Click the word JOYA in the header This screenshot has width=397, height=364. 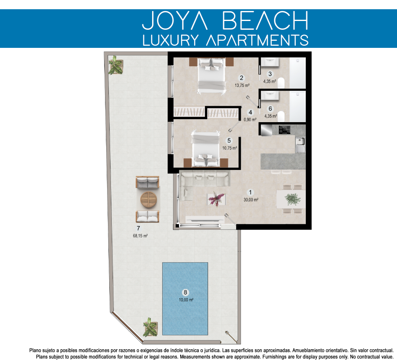tap(175, 21)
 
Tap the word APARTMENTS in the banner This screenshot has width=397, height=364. tap(257, 40)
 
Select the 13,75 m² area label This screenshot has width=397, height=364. tap(242, 86)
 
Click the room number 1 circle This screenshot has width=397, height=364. tap(250, 192)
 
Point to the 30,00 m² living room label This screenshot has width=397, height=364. tap(251, 200)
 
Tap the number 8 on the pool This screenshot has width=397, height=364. tap(185, 292)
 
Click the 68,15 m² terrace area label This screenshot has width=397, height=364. tap(140, 236)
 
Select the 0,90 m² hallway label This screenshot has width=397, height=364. tap(250, 120)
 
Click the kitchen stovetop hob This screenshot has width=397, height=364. tap(284, 130)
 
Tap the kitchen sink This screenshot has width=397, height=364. tap(300, 145)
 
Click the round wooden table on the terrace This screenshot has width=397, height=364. tap(149, 199)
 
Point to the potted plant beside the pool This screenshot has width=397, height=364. tap(150, 327)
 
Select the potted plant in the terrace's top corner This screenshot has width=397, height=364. tap(116, 65)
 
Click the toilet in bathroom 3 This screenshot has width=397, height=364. tap(281, 83)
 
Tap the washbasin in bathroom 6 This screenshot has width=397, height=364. tap(270, 96)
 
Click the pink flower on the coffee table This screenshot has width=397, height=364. tap(216, 199)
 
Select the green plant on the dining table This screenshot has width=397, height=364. tap(293, 199)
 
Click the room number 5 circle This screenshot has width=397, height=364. tap(229, 141)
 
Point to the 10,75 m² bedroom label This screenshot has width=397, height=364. tap(230, 148)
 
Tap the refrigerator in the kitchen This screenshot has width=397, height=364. tap(266, 130)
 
